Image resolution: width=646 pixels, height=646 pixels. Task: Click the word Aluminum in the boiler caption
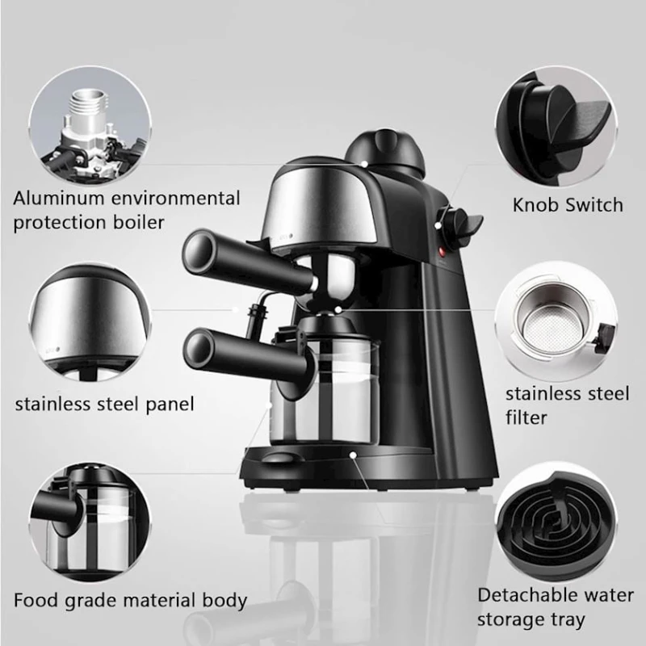[58, 198]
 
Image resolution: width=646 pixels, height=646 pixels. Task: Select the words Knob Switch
[568, 205]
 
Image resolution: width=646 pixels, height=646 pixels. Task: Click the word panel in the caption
[170, 405]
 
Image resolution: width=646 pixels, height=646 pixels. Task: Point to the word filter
[526, 417]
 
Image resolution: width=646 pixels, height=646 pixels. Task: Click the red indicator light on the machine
[442, 250]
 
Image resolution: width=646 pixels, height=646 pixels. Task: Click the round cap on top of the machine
[386, 149]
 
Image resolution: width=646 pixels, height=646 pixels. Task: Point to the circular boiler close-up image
[90, 126]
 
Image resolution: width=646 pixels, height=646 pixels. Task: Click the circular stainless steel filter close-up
[556, 321]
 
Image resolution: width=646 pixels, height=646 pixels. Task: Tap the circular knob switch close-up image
[556, 127]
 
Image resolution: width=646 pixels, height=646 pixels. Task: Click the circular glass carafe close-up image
[90, 522]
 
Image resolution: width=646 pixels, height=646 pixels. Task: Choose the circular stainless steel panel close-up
[90, 321]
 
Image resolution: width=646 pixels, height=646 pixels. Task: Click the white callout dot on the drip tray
[353, 455]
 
